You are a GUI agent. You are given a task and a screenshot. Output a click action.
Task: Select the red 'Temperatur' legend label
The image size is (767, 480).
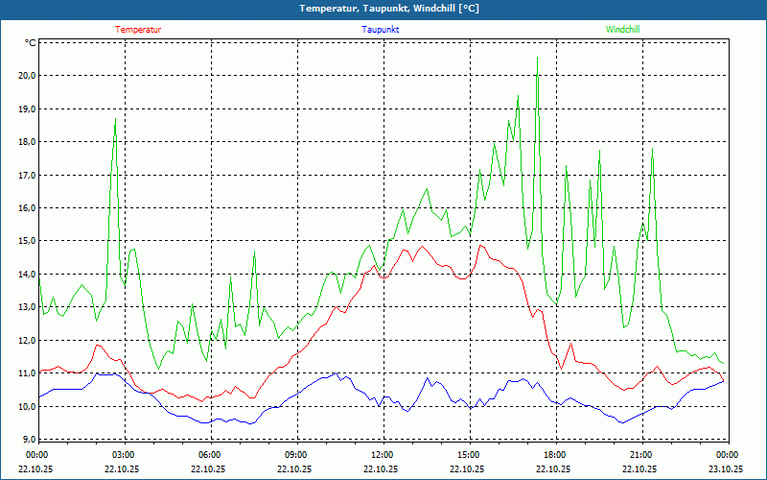138,29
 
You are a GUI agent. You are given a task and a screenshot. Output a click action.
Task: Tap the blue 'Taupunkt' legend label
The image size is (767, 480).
381,29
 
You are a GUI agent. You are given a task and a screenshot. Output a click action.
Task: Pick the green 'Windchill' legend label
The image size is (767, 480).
622,29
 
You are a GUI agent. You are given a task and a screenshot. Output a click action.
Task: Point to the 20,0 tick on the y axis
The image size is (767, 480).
27,76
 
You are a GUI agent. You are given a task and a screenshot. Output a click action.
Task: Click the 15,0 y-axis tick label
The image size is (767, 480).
27,241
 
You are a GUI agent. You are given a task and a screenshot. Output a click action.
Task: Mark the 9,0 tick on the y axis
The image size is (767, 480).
29,440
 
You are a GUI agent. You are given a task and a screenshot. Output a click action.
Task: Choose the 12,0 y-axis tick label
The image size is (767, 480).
27,341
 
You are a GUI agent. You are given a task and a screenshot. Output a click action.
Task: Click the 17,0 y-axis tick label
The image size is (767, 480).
27,175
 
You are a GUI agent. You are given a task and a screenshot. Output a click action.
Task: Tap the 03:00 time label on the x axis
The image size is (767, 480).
123,454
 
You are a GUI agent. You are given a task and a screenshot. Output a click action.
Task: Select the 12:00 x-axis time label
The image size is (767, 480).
382,454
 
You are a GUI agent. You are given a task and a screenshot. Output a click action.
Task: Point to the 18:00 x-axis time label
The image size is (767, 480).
554,454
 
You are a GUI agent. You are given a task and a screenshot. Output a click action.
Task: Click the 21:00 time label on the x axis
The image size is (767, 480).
640,454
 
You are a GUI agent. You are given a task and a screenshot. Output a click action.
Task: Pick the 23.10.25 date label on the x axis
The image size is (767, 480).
726,468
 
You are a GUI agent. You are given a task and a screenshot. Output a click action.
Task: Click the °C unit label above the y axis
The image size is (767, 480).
31,43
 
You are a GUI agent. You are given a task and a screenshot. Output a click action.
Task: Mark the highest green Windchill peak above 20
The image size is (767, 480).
537,58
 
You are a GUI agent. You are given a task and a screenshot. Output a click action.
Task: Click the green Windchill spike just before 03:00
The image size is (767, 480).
115,119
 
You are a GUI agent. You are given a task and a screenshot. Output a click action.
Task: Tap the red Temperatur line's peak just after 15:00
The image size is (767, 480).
481,245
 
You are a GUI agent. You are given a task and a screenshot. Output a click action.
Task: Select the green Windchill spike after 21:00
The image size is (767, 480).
652,148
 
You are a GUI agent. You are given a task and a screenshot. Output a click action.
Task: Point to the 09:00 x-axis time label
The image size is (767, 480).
295,454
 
